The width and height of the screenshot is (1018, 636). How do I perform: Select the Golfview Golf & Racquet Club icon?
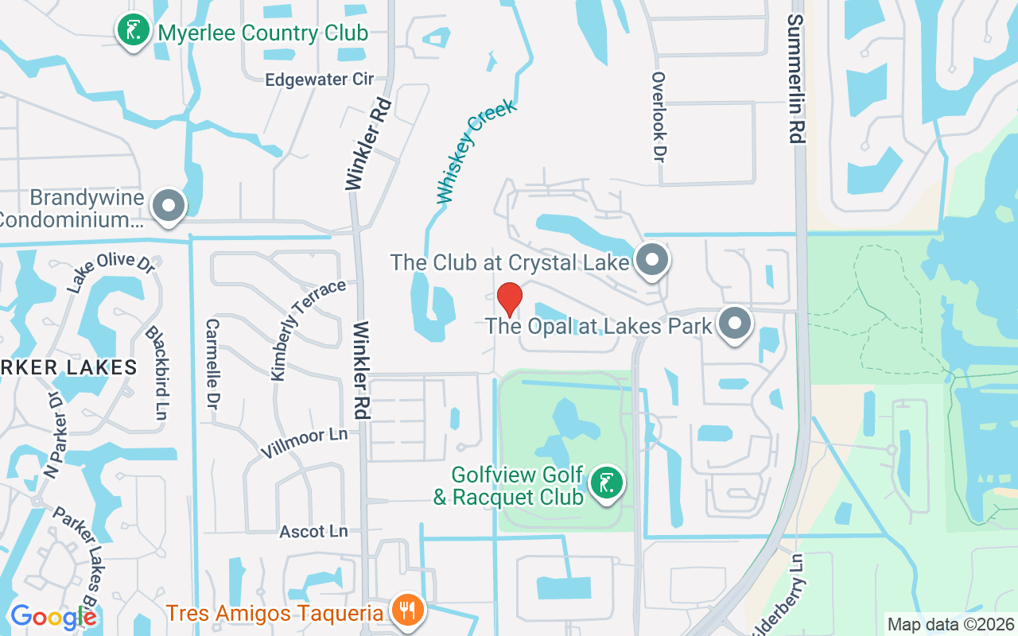607,483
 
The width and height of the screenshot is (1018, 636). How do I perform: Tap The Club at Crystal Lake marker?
653,259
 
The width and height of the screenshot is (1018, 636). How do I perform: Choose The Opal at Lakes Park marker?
735,324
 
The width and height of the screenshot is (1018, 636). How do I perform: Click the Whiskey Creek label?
476,151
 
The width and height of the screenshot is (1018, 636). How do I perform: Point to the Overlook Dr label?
658,115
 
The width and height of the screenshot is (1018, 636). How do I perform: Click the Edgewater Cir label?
319,79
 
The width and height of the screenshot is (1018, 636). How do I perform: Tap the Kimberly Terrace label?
308,329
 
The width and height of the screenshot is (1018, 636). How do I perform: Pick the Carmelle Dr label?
212,365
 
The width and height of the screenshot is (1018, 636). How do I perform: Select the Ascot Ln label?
313,531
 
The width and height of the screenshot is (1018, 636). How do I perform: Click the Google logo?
54,617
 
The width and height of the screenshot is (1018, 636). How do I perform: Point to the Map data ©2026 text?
950,624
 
